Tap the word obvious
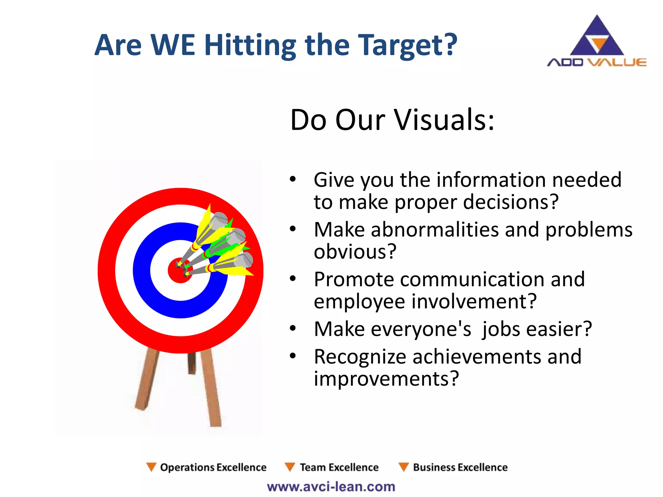pos(355,252)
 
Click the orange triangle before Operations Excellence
pos(151,467)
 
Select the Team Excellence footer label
pos(339,467)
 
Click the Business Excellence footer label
pos(460,467)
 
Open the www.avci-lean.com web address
pos(331,487)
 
